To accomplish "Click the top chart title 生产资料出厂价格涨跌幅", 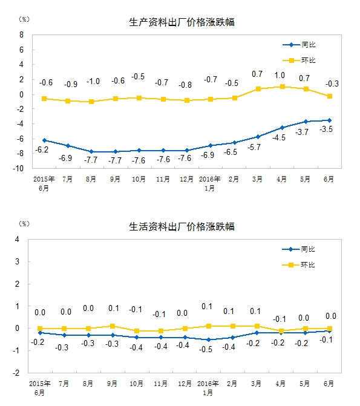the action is [182, 22].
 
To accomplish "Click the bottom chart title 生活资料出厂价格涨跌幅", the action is [182, 227].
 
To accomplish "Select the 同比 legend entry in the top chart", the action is [299, 45].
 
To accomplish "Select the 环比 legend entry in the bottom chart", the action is [299, 265].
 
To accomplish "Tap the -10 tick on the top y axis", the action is [18, 168].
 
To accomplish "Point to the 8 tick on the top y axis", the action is [21, 34].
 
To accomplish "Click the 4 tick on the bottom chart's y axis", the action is [17, 239].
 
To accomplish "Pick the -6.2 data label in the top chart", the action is [42, 149].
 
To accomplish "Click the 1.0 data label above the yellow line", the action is [280, 76].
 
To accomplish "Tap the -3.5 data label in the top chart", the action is [326, 129].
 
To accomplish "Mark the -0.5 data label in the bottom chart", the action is [206, 349].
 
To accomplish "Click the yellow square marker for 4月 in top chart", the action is [283, 87].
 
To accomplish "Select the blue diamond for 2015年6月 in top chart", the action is [44, 140].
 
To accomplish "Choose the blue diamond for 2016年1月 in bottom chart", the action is [209, 339].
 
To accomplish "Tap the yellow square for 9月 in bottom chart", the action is [113, 326].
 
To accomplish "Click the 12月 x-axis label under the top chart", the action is [186, 179].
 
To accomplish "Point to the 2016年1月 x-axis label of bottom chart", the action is [208, 388].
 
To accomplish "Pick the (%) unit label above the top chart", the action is [24, 19].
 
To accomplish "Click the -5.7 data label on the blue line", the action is [254, 147].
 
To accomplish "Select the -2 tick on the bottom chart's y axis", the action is [16, 373].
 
